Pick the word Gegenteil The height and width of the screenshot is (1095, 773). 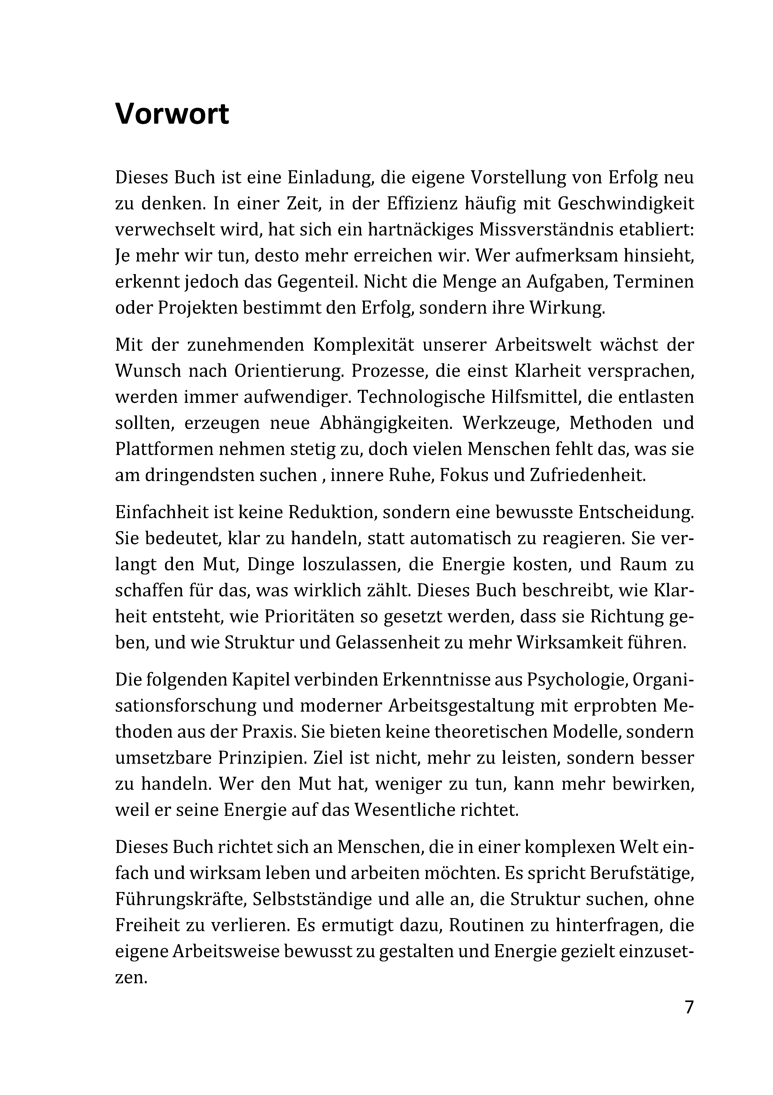click(317, 282)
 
